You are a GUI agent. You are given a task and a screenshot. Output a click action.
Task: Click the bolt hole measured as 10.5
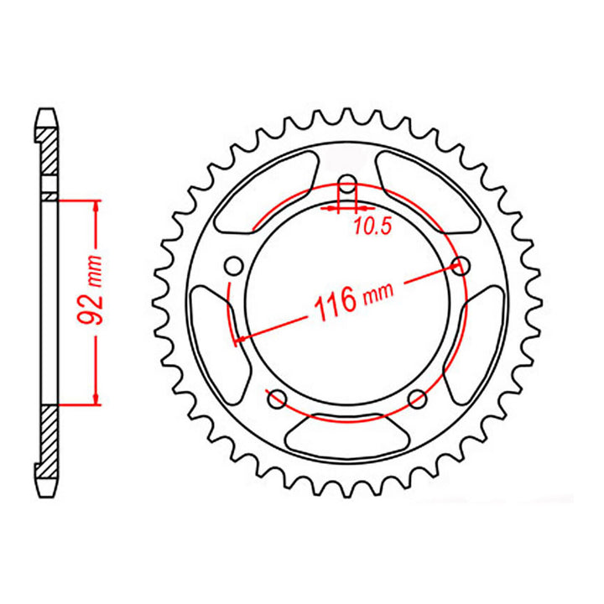tap(347, 185)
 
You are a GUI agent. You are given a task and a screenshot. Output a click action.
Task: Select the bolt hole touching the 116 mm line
tap(459, 267)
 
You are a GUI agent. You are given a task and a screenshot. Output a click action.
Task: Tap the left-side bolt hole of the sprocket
tap(236, 267)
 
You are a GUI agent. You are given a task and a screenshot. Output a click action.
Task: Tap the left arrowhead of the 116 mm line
tap(241, 339)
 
